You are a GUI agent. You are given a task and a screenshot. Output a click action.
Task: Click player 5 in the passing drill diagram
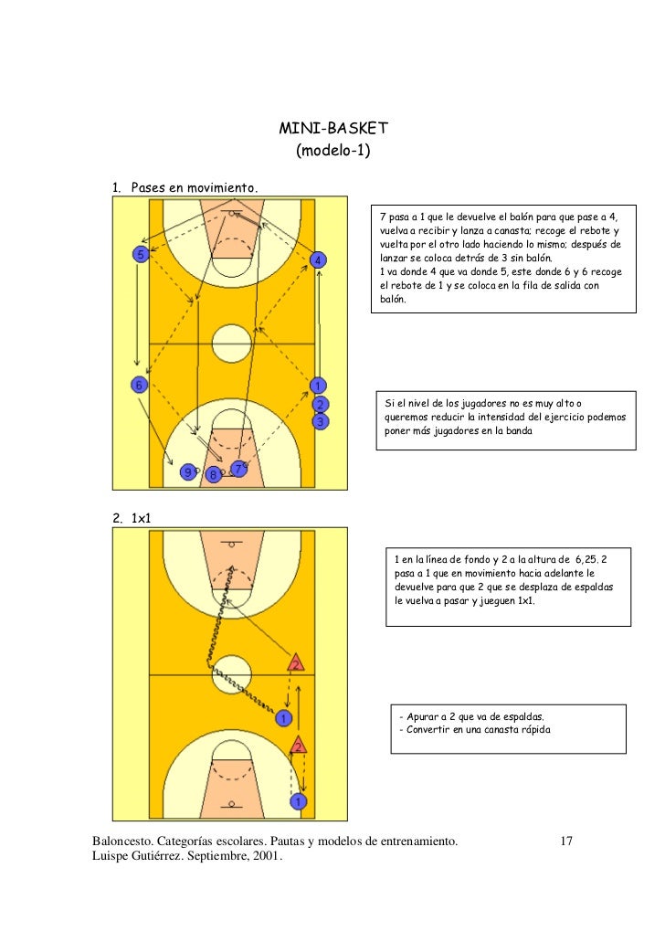(141, 254)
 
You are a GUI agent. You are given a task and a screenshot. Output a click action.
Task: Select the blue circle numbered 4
(317, 260)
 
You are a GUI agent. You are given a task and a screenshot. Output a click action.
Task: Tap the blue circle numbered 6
(138, 385)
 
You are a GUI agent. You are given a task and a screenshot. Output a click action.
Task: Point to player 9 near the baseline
(187, 472)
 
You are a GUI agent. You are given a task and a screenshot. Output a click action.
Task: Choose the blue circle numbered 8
(213, 475)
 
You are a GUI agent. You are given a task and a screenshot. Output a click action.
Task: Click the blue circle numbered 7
(237, 469)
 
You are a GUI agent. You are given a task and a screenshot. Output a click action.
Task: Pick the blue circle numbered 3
(320, 422)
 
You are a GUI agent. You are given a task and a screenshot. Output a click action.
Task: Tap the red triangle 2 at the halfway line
(295, 662)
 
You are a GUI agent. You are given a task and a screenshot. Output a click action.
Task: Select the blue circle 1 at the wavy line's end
(285, 718)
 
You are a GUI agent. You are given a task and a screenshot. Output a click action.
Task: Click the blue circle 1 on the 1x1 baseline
(298, 802)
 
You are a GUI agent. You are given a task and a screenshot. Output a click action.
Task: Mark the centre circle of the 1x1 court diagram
(230, 673)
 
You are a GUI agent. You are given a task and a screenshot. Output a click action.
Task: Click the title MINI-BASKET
(333, 127)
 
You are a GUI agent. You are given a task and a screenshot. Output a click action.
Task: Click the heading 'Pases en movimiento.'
(195, 187)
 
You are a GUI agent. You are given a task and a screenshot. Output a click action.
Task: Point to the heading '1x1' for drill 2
(142, 518)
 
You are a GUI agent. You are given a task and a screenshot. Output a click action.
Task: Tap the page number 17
(565, 840)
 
